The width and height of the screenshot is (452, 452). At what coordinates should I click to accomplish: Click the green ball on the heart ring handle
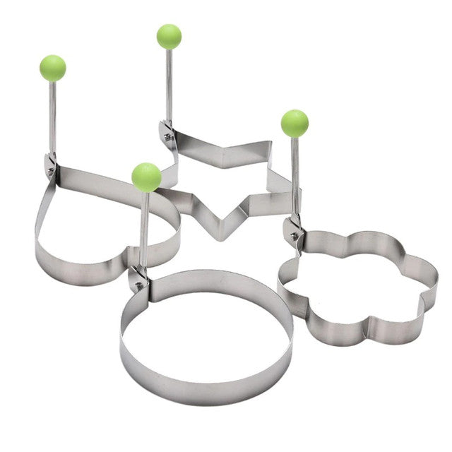click(53, 68)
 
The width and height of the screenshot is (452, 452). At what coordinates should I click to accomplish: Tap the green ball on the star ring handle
click(169, 36)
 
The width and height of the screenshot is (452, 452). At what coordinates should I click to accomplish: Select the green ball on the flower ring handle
click(295, 123)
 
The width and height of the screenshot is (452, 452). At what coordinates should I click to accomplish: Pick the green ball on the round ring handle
click(146, 177)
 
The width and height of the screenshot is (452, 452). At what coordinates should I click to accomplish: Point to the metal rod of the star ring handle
click(169, 85)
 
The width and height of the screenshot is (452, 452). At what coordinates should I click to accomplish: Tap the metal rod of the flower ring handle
click(295, 177)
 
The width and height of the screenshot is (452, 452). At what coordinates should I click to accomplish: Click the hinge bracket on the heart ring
click(51, 165)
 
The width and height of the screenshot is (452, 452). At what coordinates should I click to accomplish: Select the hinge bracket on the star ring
click(167, 132)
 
